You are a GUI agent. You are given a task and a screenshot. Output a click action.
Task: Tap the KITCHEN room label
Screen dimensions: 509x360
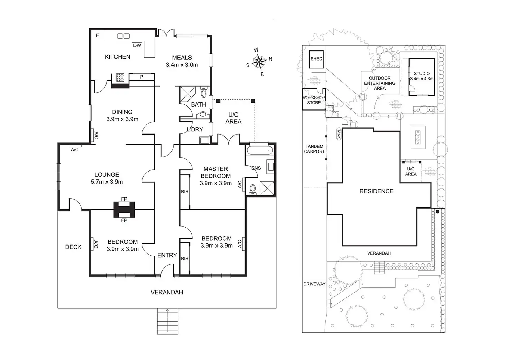(x=117, y=57)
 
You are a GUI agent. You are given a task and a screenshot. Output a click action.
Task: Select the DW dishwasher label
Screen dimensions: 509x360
(x=137, y=45)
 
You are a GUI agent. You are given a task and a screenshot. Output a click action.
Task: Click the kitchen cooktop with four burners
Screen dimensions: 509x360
(x=120, y=77)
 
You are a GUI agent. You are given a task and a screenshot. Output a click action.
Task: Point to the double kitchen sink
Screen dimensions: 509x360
(x=123, y=36)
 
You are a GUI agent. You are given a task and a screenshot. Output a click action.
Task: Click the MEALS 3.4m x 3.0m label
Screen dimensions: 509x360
(x=182, y=61)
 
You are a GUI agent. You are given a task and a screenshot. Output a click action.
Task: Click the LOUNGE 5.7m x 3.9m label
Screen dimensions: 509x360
(x=107, y=178)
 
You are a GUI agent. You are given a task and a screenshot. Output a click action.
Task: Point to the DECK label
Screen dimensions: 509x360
(x=73, y=247)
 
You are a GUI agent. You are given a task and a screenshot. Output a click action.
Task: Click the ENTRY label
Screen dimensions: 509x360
(x=167, y=255)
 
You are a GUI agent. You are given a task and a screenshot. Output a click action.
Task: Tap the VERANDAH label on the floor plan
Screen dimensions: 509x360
(x=167, y=292)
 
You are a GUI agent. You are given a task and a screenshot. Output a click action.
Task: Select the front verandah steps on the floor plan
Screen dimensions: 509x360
(x=168, y=321)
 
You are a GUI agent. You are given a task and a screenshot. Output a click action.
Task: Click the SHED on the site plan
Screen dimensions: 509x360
(x=316, y=59)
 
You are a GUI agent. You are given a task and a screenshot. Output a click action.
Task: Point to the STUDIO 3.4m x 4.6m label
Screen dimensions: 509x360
(x=422, y=76)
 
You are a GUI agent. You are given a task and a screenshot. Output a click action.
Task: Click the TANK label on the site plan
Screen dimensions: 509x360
(x=339, y=134)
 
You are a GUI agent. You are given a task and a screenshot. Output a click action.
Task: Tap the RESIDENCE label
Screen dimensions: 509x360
(x=376, y=191)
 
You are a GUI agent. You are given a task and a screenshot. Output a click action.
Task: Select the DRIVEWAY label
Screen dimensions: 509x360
(x=314, y=284)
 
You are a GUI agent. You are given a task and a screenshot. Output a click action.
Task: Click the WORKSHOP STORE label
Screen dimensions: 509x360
(x=314, y=100)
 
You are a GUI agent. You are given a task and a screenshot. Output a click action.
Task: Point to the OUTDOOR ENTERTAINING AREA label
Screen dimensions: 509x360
(x=380, y=83)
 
